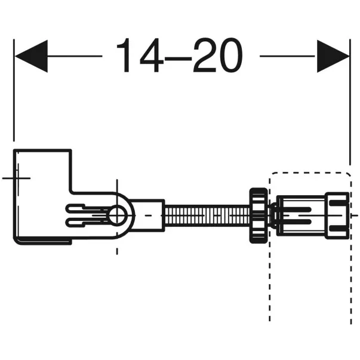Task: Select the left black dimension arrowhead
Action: tap(30, 56)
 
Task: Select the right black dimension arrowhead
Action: tap(333, 56)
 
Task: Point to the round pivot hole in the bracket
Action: tap(117, 215)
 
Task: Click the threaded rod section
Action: tap(202, 214)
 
